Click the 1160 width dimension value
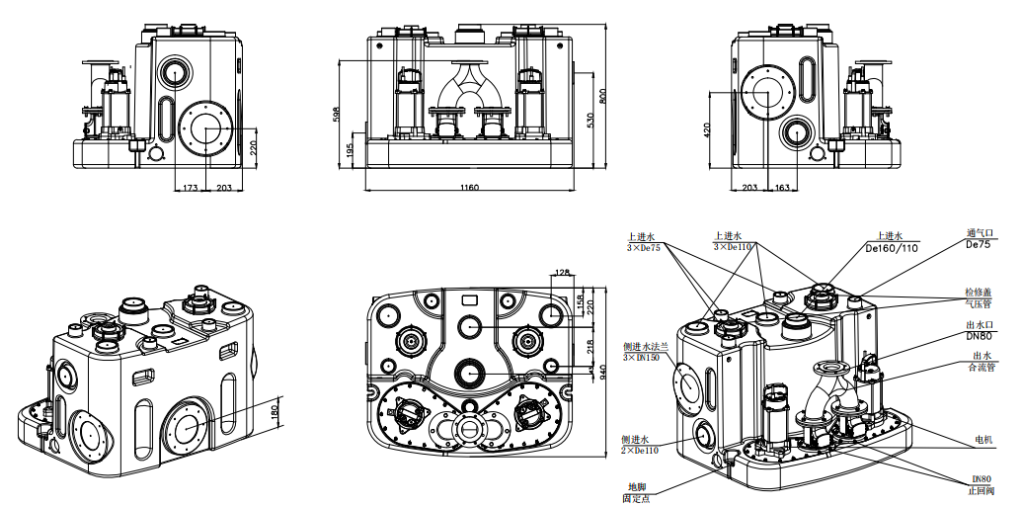click(469, 187)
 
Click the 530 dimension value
click(590, 120)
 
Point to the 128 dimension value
click(564, 272)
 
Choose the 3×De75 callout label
click(643, 247)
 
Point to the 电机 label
click(982, 439)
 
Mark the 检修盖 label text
click(978, 293)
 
